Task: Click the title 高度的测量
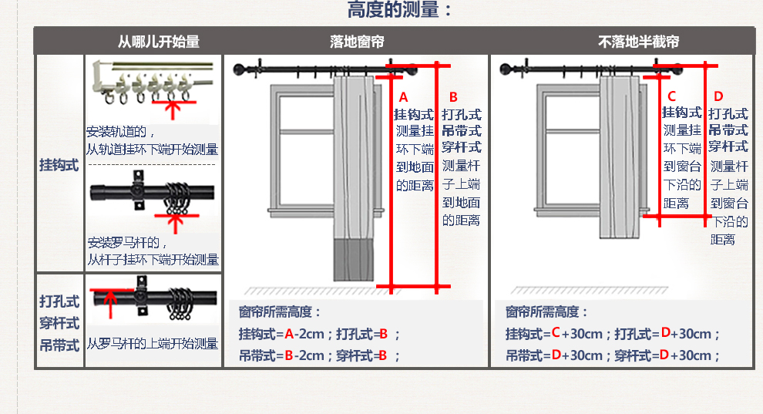398,11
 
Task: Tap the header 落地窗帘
356,42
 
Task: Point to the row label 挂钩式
59,165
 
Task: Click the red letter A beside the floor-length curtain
402,97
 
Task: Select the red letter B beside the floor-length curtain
453,97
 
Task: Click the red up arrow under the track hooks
174,109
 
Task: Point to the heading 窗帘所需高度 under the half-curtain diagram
546,312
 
